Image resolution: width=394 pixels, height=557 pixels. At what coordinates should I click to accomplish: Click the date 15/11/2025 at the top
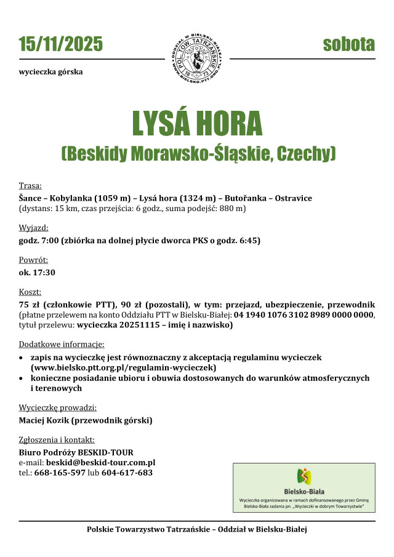click(x=61, y=44)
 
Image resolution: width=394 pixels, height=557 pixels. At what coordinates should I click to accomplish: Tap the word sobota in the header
click(x=349, y=44)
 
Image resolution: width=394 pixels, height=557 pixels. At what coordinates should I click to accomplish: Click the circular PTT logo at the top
click(x=197, y=58)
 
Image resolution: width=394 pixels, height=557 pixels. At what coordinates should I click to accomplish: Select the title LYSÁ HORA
click(x=197, y=123)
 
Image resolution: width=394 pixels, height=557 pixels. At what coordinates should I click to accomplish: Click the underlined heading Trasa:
click(x=30, y=185)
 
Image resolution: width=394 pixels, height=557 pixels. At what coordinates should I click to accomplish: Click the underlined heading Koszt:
click(x=30, y=292)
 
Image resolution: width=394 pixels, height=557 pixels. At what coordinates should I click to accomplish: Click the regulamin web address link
click(x=123, y=367)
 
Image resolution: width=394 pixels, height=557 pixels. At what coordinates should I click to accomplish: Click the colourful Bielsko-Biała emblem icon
click(x=304, y=476)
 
